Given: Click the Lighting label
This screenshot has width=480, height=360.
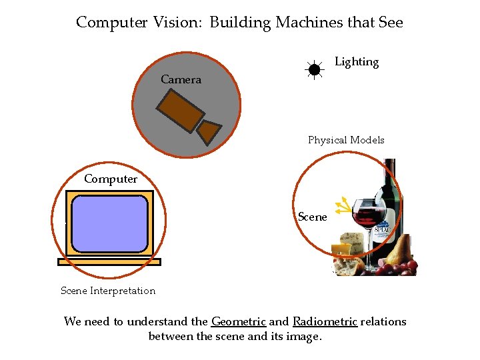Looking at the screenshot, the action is [x=356, y=62].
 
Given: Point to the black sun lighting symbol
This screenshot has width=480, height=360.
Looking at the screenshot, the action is [x=314, y=69].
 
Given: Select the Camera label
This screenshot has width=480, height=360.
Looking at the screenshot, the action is [x=181, y=80].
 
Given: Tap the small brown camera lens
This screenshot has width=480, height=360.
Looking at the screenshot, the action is [x=210, y=131].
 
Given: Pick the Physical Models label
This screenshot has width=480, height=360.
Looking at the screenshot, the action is [x=346, y=140].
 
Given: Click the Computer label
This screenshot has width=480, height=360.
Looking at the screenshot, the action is [x=111, y=179].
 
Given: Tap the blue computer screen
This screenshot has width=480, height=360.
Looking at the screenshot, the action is [x=109, y=223].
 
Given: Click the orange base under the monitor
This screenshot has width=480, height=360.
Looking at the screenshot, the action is [x=109, y=262].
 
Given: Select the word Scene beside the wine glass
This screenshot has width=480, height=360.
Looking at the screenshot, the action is [x=312, y=217].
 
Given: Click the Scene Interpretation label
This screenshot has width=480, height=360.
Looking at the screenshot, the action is [x=108, y=291].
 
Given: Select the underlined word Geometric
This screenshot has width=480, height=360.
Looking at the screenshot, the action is [x=238, y=321].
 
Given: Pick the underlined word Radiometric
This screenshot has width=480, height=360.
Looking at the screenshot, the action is [x=325, y=321].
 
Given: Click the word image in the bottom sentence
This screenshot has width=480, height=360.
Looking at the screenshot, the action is [x=303, y=337].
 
